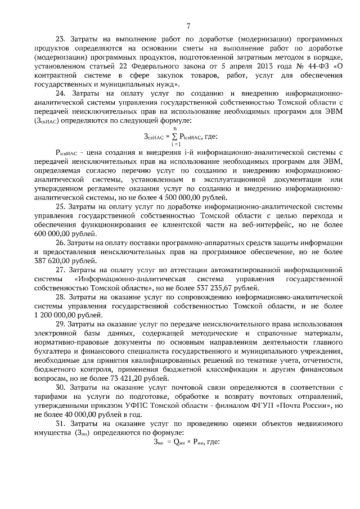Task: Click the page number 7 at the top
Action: click(188, 25)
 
